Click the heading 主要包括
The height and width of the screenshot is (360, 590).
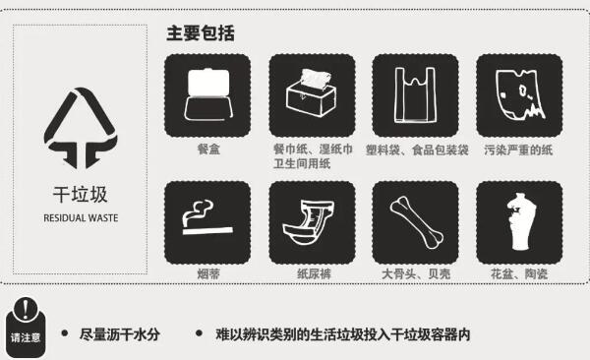(x=201, y=33)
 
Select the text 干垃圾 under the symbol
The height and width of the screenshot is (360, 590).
(x=81, y=195)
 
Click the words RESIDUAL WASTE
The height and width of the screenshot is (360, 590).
(x=81, y=218)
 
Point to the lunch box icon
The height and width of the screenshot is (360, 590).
(x=207, y=94)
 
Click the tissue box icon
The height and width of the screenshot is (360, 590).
(x=311, y=93)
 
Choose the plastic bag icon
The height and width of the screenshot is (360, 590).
(x=415, y=94)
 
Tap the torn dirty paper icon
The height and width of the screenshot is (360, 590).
(x=519, y=94)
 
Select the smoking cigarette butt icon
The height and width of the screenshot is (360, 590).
(x=207, y=217)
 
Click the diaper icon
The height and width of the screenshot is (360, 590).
(x=308, y=223)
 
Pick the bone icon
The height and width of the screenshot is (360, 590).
(x=417, y=222)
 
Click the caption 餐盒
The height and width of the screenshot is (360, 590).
(x=208, y=150)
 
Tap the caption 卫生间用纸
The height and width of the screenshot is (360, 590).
(x=302, y=164)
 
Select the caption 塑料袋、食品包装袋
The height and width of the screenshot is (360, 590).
(x=417, y=150)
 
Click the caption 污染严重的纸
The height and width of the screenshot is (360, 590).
(x=518, y=150)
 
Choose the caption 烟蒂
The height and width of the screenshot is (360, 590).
(x=208, y=273)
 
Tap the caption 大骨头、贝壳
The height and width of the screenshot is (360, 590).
(x=416, y=273)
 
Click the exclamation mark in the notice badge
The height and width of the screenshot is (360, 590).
(x=26, y=309)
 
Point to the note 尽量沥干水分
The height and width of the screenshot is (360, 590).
(x=120, y=334)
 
